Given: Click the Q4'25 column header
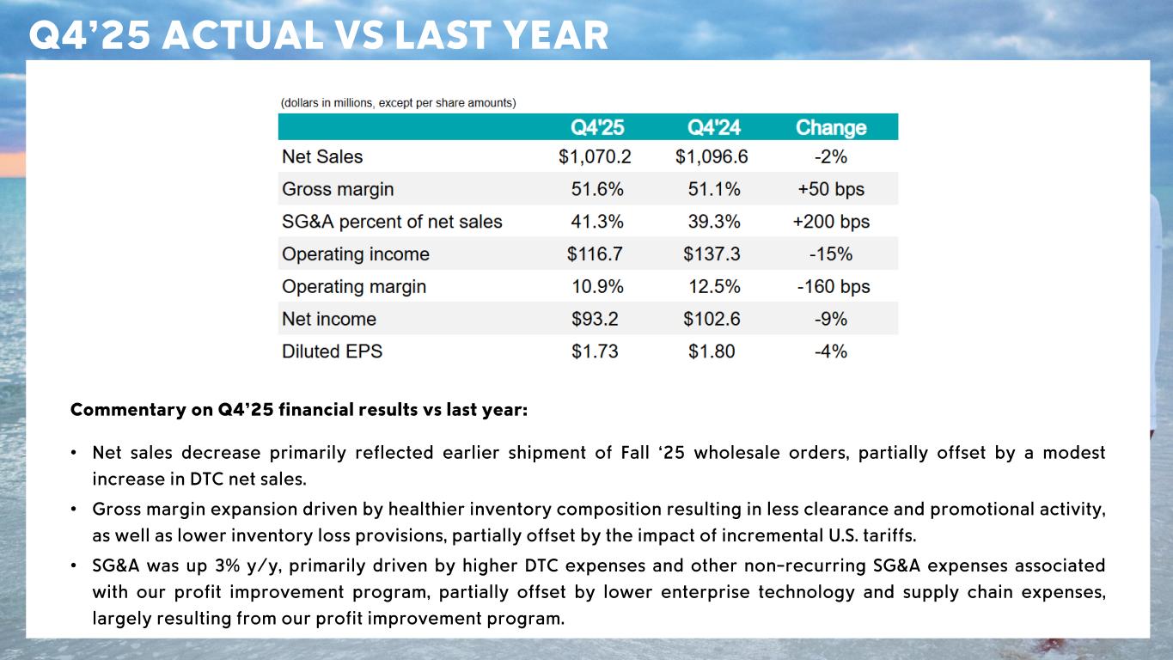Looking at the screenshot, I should [x=598, y=128].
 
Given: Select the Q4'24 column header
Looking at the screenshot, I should [x=714, y=128].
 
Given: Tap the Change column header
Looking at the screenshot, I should [x=831, y=128].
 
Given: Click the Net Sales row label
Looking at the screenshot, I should [x=322, y=157].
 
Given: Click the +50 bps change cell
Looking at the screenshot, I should [x=831, y=190].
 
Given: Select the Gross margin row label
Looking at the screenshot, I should [x=338, y=190].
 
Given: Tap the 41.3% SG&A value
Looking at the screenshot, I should [x=598, y=222].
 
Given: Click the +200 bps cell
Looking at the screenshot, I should [x=831, y=222].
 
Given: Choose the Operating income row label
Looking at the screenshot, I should [x=356, y=254].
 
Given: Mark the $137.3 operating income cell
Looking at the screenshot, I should [x=712, y=254].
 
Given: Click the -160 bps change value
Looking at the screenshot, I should [x=834, y=287].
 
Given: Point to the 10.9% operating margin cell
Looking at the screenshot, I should [x=598, y=287].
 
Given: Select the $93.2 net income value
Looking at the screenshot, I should [x=595, y=320].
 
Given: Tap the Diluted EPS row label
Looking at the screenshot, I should [x=333, y=351].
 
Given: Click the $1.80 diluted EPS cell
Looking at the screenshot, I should [x=712, y=351].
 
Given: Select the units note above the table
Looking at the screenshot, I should [x=398, y=103].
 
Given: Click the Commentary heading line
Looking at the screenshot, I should [x=299, y=410].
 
